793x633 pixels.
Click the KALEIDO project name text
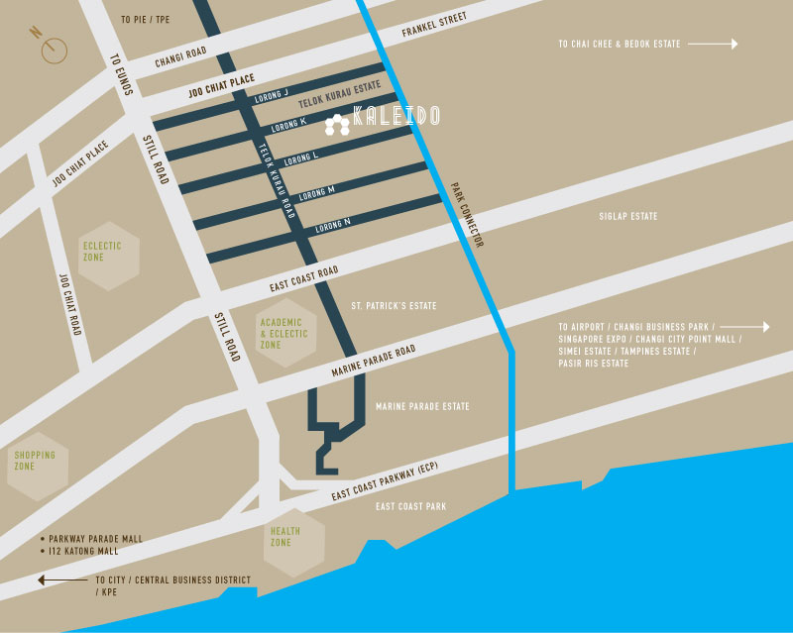click(x=396, y=117)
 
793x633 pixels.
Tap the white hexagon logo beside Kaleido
click(x=337, y=124)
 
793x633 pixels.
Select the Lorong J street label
click(x=272, y=94)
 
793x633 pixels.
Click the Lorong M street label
click(x=317, y=190)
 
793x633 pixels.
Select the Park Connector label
click(x=466, y=214)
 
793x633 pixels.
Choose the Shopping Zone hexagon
click(x=37, y=461)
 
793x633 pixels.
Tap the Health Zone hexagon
click(x=282, y=536)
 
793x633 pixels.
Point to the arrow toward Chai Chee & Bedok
click(x=713, y=44)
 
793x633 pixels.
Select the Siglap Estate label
click(x=627, y=216)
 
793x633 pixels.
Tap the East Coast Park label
click(x=410, y=506)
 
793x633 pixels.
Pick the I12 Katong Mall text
click(x=83, y=551)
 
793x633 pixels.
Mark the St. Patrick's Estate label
click(x=394, y=306)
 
